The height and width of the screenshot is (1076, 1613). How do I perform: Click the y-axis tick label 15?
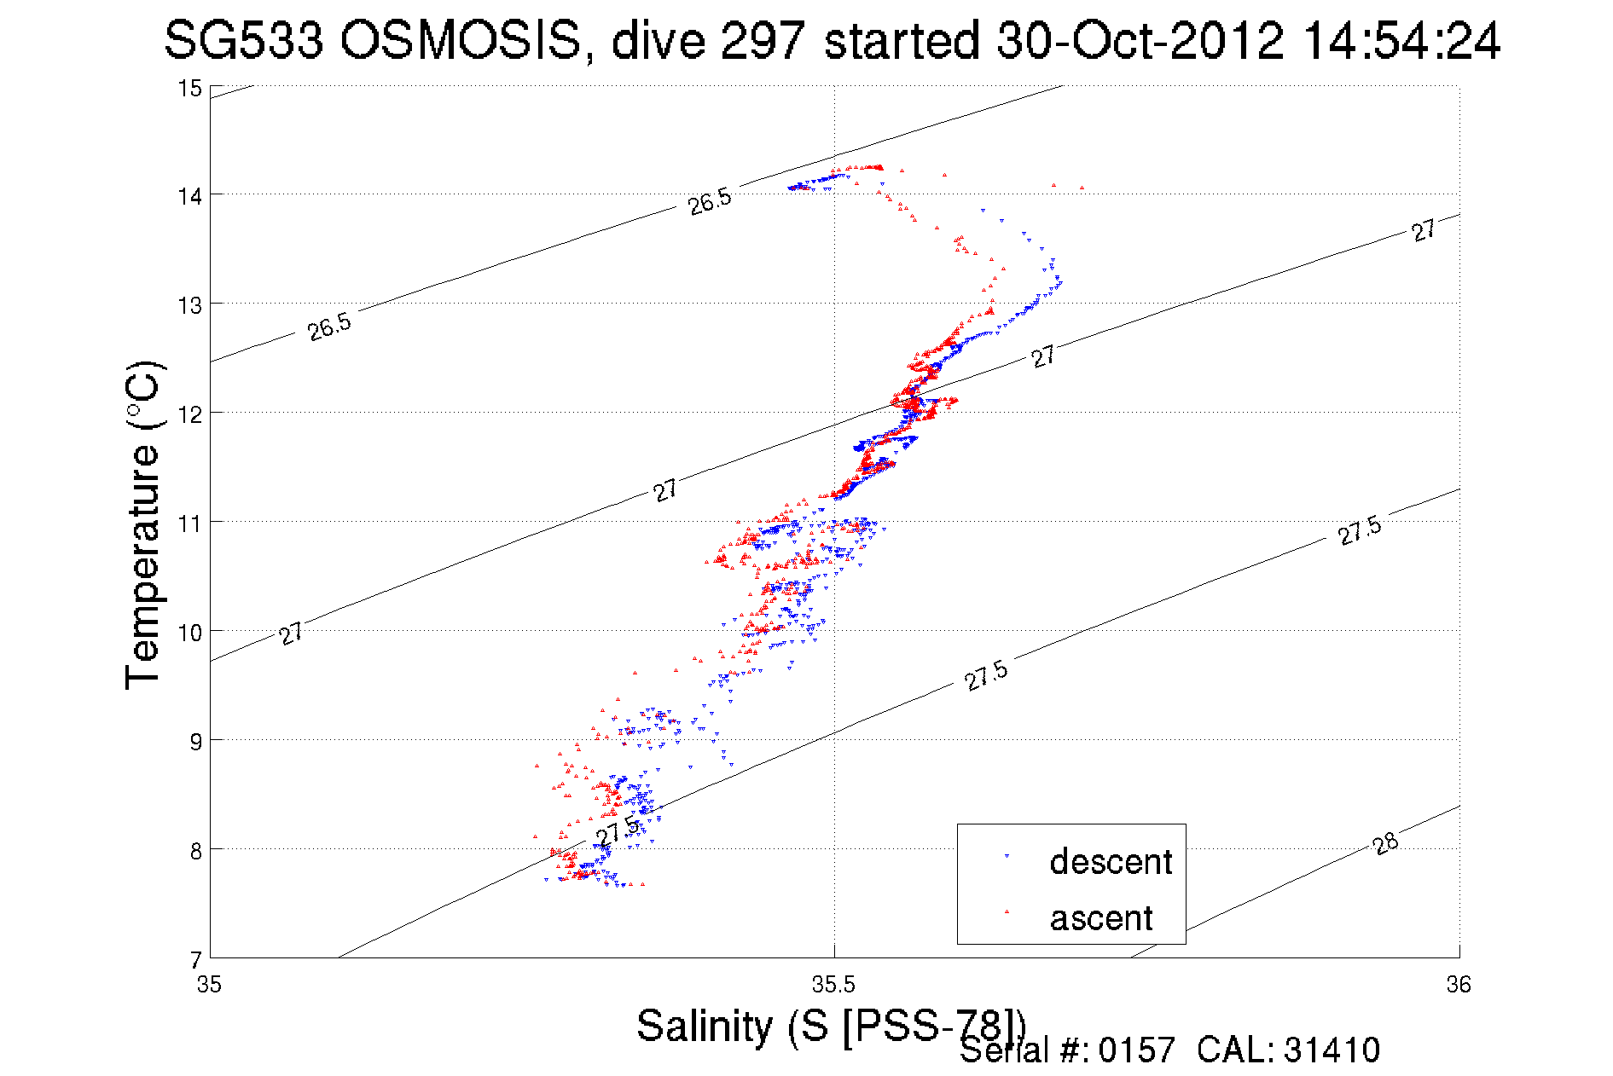coord(189,89)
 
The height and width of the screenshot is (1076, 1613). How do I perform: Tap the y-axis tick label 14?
coord(189,196)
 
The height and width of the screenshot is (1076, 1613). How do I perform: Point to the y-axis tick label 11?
coord(189,523)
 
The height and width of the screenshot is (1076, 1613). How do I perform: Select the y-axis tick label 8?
coord(195,850)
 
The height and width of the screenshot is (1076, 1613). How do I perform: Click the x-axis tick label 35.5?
coord(833,986)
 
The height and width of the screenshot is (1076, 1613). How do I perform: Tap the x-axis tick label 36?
coord(1459,986)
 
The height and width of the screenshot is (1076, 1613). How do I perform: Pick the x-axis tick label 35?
coord(209,986)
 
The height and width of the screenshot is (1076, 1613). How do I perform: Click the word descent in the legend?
coord(1111,862)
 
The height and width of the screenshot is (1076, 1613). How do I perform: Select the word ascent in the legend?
coord(1101,918)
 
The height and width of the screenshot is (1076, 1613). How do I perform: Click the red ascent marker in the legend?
coord(1007,912)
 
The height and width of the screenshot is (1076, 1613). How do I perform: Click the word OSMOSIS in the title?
coord(461,40)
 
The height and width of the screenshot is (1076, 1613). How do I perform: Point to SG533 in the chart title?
coord(243,40)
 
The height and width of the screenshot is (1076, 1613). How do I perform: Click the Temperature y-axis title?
coord(142,524)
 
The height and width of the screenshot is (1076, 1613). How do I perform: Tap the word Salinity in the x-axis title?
coord(704,1026)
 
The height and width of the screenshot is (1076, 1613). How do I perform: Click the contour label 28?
coord(1385,843)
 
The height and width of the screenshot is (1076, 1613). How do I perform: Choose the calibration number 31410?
coord(1331,1050)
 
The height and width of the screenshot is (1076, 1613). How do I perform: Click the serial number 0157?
coord(1136,1050)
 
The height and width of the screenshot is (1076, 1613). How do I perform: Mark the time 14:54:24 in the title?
coord(1402,40)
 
